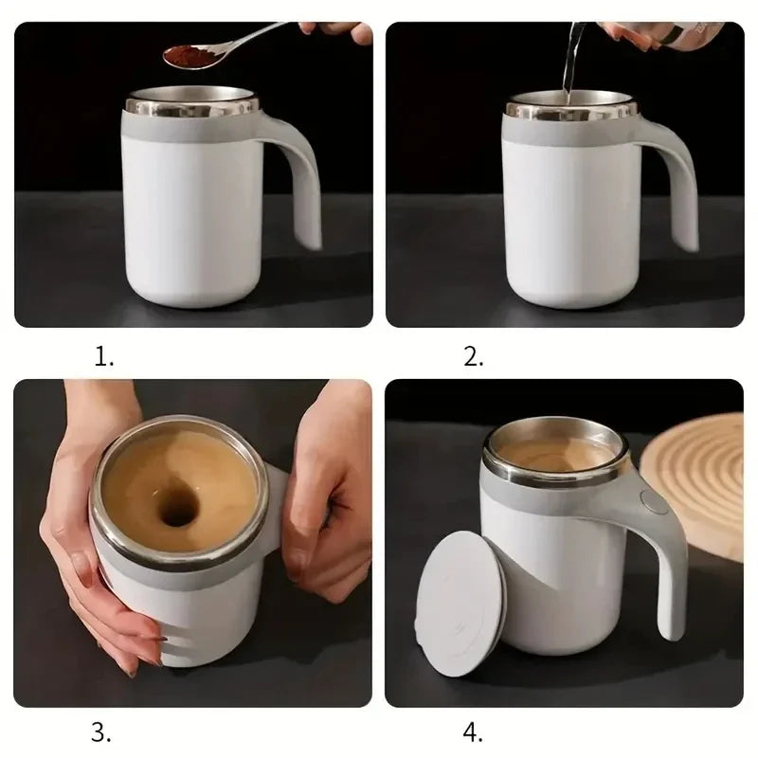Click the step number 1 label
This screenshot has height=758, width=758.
[x=104, y=357]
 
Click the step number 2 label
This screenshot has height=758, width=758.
[x=474, y=357]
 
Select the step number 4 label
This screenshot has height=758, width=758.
[x=474, y=731]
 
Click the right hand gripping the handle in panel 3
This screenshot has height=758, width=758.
[x=327, y=493]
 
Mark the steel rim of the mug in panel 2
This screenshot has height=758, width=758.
[x=568, y=110]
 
